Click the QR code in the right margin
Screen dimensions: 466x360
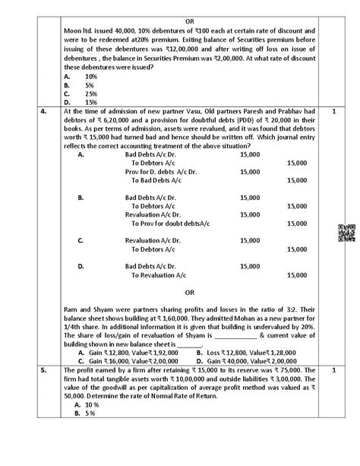click(x=343, y=233)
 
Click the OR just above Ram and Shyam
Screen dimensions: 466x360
click(x=189, y=293)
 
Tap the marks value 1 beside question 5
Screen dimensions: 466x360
click(x=333, y=369)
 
